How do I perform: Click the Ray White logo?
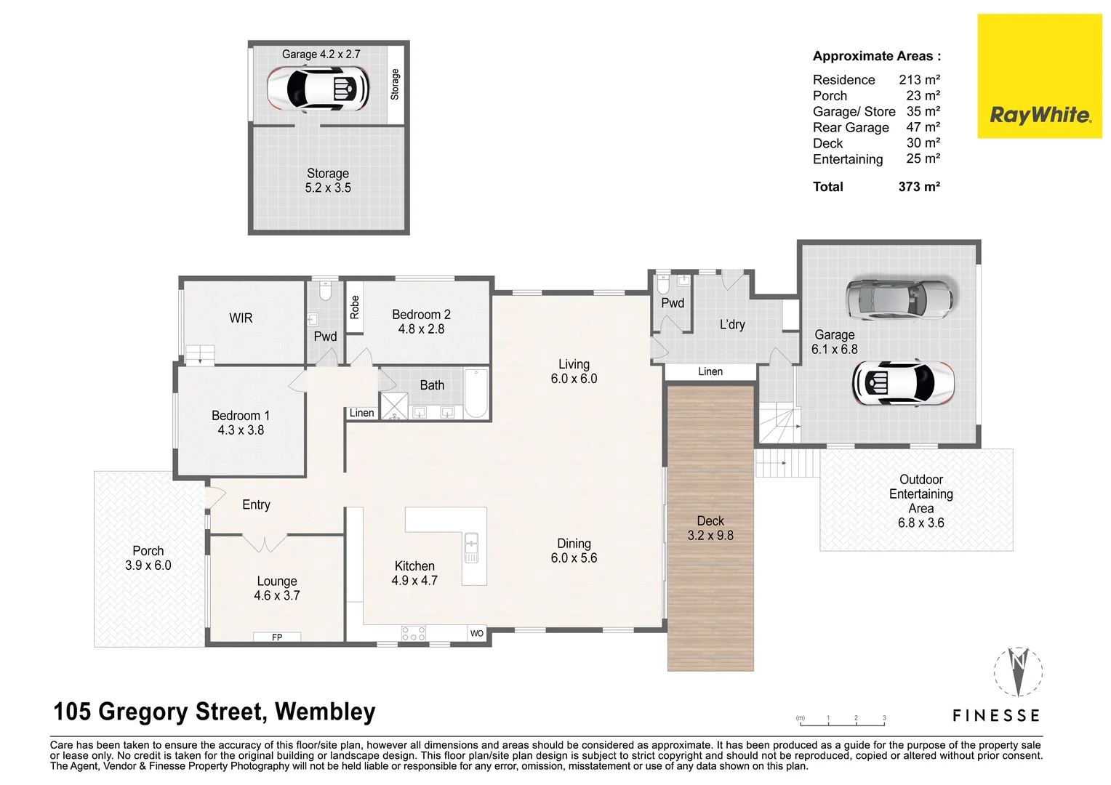[x=1040, y=115]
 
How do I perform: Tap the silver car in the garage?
[x=899, y=299]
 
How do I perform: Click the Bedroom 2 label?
[x=421, y=321]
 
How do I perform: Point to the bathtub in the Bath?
[x=476, y=394]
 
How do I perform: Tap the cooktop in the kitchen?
[x=413, y=633]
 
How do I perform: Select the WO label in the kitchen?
[x=476, y=634]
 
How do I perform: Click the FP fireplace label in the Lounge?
[x=277, y=637]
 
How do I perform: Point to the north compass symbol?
[x=1018, y=670]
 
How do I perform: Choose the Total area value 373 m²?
[x=919, y=187]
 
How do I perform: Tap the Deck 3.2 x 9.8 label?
[x=710, y=528]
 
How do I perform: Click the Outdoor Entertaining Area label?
[x=921, y=501]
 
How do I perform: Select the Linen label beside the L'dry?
[x=710, y=371]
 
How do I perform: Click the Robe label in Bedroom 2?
[x=354, y=307]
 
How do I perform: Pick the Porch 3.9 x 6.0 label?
[x=148, y=558]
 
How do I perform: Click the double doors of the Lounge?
[x=264, y=543]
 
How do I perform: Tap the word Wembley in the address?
[x=325, y=712]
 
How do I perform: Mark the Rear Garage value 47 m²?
[x=923, y=127]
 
